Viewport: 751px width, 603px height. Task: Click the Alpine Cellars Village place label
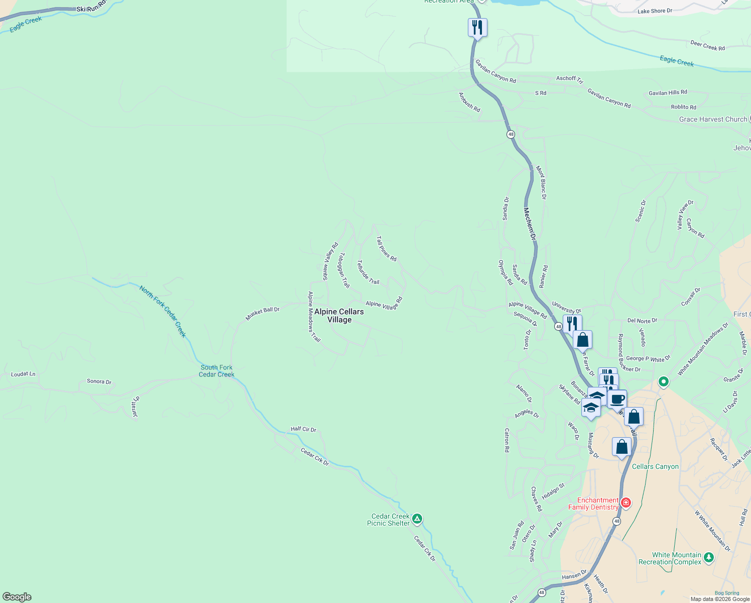coord(339,316)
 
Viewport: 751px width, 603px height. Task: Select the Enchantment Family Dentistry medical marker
coord(625,502)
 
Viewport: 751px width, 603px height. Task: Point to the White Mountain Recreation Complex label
coord(670,558)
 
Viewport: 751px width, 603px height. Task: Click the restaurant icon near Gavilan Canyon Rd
coord(477,27)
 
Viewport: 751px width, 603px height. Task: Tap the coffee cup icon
coord(617,399)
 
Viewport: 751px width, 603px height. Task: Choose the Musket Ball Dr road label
coord(262,313)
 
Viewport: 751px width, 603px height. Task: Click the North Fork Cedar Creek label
coord(163,312)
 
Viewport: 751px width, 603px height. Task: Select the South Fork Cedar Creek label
coord(216,371)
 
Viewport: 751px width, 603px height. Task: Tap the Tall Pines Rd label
coord(386,249)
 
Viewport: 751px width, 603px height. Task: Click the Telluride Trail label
coord(368,272)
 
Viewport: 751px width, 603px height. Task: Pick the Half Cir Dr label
coord(303,429)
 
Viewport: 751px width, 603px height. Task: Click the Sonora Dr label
coord(99,381)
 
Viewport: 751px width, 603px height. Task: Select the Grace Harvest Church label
coord(713,119)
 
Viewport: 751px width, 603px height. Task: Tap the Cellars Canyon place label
coord(655,466)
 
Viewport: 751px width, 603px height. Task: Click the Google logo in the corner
coord(17,597)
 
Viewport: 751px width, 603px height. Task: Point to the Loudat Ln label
coord(23,374)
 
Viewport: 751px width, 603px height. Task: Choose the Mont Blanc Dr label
coord(541,183)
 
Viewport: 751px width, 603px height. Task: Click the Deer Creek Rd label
coord(707,46)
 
